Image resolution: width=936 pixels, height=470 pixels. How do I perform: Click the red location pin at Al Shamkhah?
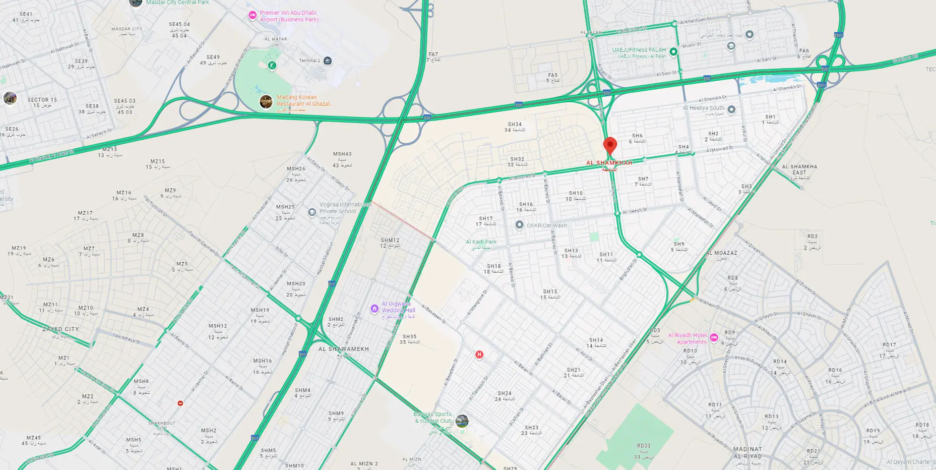(610, 145)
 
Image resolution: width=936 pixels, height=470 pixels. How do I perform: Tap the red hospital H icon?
(479, 355)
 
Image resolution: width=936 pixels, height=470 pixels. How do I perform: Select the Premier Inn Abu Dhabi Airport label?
(289, 16)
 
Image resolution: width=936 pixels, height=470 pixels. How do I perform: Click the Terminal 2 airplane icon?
(328, 61)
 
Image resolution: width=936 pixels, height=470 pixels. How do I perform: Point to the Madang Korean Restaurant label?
(304, 100)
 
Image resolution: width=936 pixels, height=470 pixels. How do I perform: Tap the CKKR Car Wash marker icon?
(519, 225)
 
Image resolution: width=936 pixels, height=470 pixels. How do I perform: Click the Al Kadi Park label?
(481, 242)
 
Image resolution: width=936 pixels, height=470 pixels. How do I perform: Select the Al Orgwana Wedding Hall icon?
(374, 309)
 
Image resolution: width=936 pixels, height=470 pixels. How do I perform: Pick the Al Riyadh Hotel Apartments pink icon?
(714, 337)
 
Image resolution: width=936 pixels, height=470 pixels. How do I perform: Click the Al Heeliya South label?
(703, 108)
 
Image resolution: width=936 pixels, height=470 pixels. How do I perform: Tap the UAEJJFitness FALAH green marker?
(673, 51)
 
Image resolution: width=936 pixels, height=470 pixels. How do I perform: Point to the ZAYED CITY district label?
(60, 329)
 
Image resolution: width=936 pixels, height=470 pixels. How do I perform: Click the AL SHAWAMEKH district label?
(344, 349)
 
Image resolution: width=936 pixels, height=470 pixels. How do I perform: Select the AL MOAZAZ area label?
(721, 253)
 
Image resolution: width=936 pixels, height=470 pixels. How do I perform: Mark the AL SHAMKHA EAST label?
(799, 169)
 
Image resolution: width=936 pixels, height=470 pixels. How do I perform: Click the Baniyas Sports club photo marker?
(462, 421)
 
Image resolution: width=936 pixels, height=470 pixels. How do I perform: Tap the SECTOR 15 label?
(42, 100)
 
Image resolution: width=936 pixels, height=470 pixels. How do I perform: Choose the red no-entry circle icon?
(180, 403)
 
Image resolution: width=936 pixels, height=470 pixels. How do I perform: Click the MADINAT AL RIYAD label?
(747, 452)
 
